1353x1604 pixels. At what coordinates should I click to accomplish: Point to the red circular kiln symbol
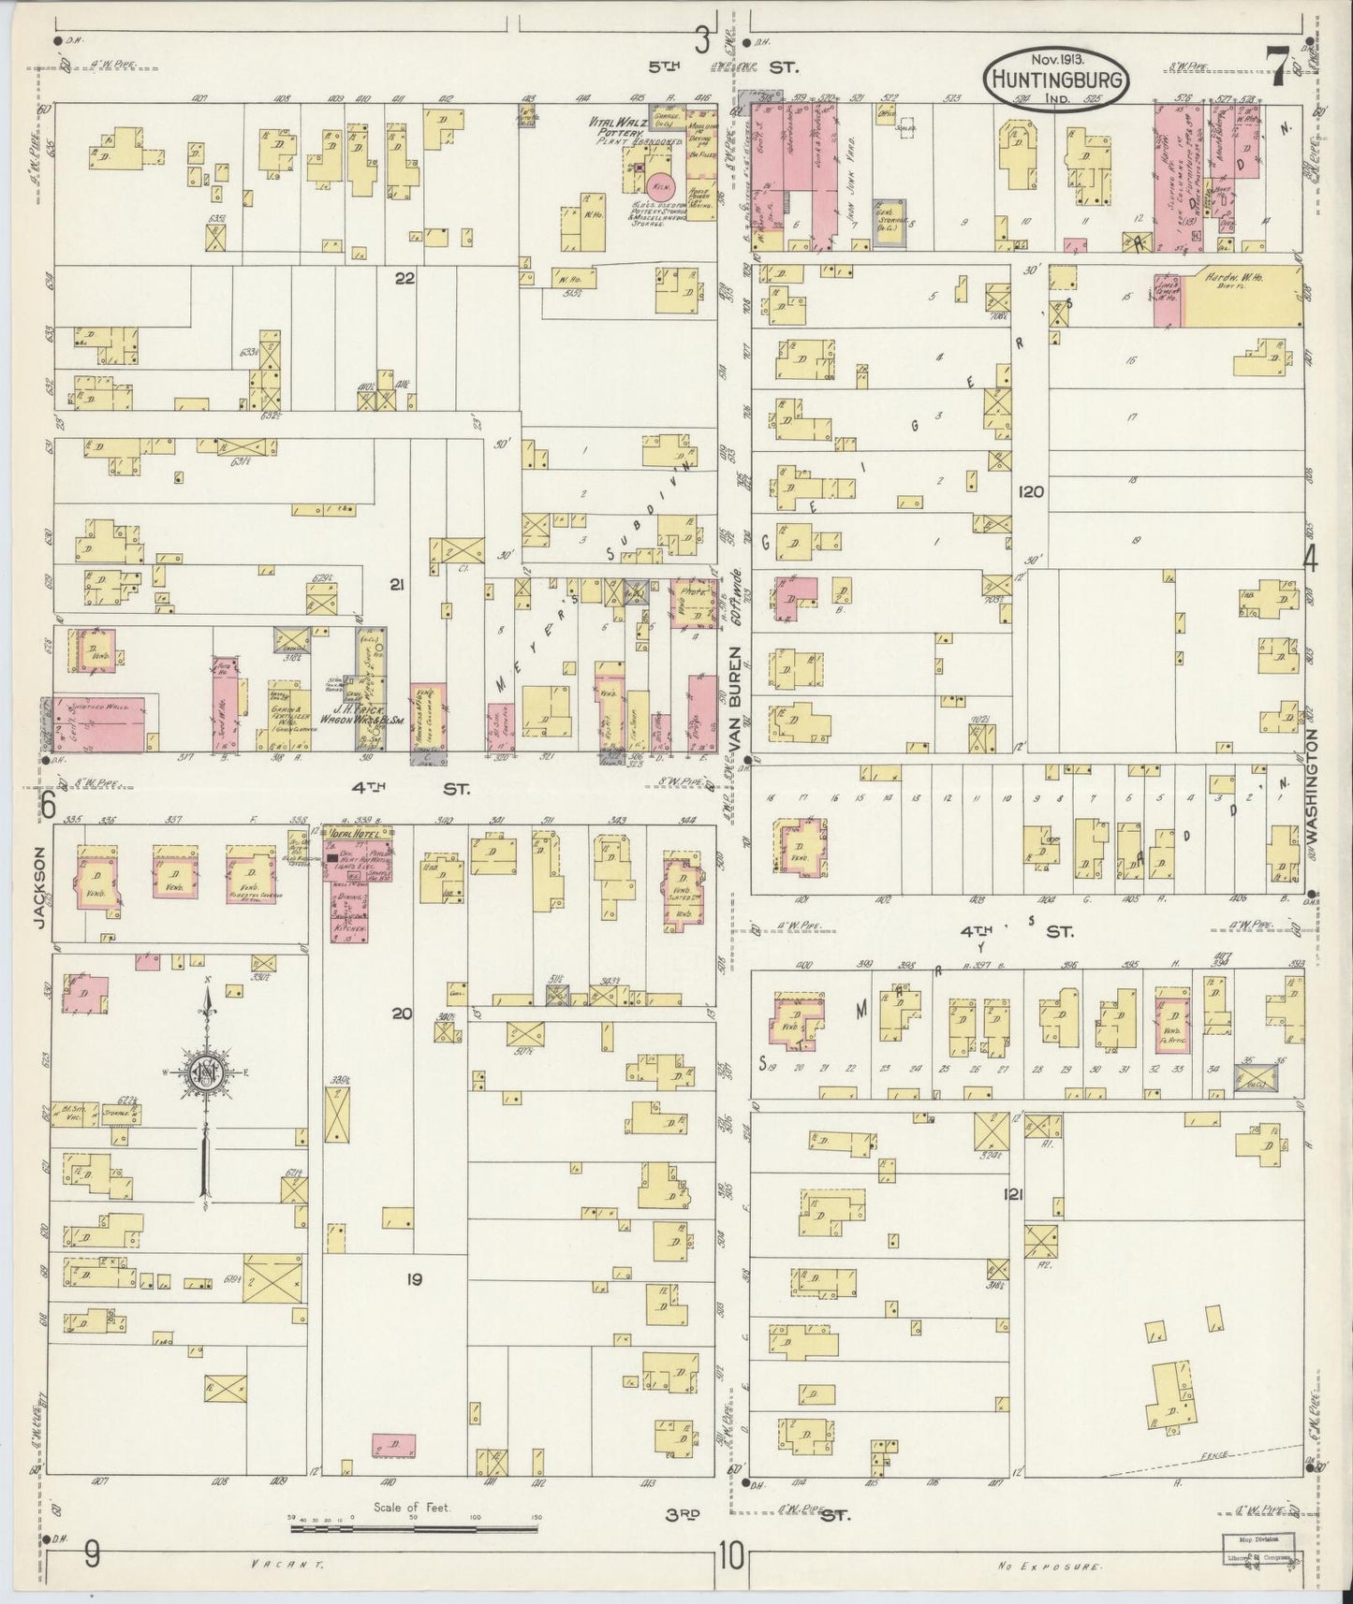click(661, 183)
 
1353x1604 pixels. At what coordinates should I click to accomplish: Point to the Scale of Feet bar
click(412, 1529)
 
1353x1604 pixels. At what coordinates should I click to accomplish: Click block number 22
click(404, 279)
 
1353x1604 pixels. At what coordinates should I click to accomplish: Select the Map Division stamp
click(1257, 1537)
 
